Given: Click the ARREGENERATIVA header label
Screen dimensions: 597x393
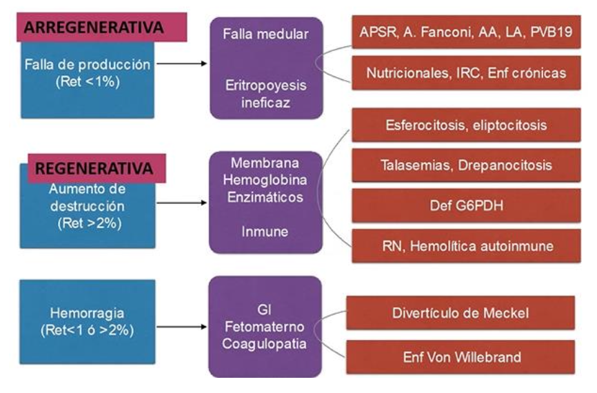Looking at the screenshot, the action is [x=94, y=28].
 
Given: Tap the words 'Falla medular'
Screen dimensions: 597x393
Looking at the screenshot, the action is [x=265, y=34].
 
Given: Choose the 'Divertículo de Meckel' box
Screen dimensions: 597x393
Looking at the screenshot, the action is [x=461, y=313].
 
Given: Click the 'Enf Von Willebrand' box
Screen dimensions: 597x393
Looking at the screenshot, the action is [x=461, y=356].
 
